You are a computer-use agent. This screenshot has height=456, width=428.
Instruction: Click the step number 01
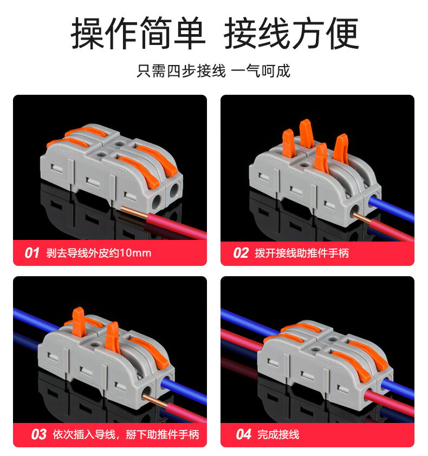pyautogui.click(x=33, y=253)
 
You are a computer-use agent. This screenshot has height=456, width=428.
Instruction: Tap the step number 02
pyautogui.click(x=241, y=253)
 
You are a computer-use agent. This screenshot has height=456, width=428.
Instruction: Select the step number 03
pyautogui.click(x=38, y=434)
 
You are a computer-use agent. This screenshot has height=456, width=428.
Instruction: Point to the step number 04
pyautogui.click(x=244, y=434)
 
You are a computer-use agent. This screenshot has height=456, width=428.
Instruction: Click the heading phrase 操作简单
pyautogui.click(x=138, y=34)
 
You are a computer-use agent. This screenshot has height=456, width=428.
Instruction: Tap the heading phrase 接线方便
pyautogui.click(x=291, y=34)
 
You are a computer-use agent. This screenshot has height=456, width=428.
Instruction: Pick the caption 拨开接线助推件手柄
pyautogui.click(x=302, y=253)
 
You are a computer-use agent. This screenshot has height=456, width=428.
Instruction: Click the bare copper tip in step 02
pyautogui.click(x=358, y=217)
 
